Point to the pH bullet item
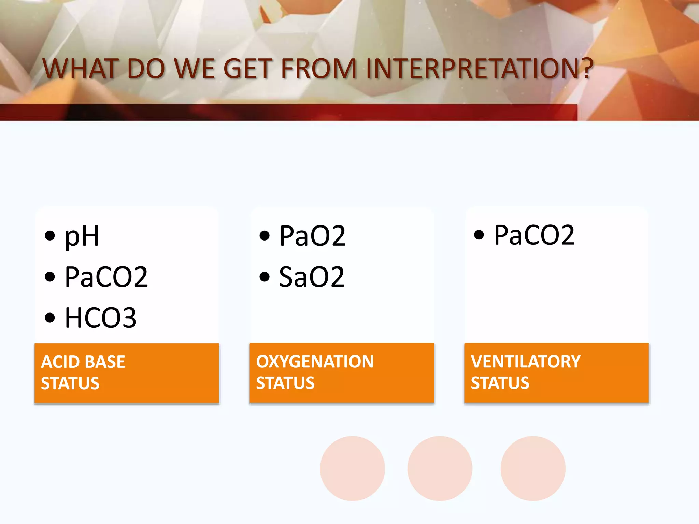82,236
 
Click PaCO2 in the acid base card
106,277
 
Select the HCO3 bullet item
101,318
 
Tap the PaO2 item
312,236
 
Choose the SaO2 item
312,277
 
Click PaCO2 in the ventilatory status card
534,235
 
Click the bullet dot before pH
50,236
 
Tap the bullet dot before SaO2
265,277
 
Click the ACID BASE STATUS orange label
126,373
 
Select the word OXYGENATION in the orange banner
315,362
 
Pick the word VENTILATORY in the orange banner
526,362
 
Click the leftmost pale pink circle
352,468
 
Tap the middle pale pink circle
440,468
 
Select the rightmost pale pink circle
533,468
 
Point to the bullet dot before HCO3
50,318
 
